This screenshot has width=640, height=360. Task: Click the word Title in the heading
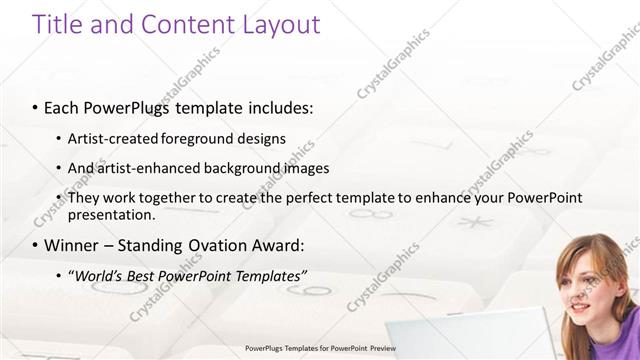pyautogui.click(x=56, y=25)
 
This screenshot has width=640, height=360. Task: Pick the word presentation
pyautogui.click(x=111, y=214)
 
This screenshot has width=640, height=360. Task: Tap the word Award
pyautogui.click(x=280, y=245)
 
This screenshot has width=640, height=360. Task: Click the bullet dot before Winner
pyautogui.click(x=35, y=245)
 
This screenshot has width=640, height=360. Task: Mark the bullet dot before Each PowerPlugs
pyautogui.click(x=35, y=106)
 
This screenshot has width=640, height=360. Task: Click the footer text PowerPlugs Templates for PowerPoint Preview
pyautogui.click(x=320, y=349)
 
